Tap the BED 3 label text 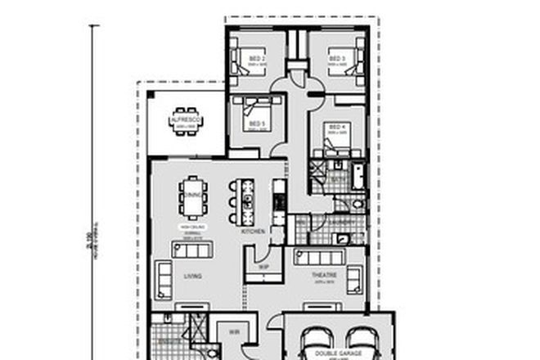[335, 59]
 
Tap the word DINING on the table [192, 196]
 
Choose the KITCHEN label [252, 232]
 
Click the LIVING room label [192, 277]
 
